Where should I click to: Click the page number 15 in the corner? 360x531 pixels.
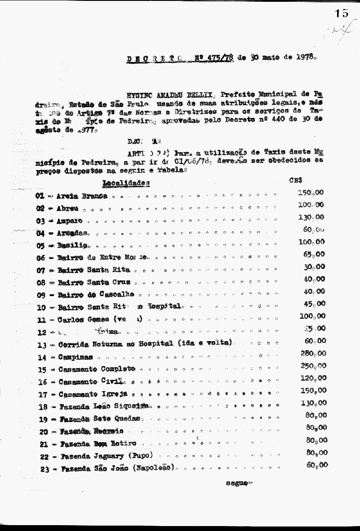coord(342,13)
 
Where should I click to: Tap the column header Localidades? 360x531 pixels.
coord(126,183)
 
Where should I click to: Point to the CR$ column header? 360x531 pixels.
coord(296,180)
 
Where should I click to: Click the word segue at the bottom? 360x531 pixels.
coord(238,483)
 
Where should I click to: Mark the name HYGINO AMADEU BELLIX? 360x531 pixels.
coord(165,94)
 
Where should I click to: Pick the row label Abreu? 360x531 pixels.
coord(68,208)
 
